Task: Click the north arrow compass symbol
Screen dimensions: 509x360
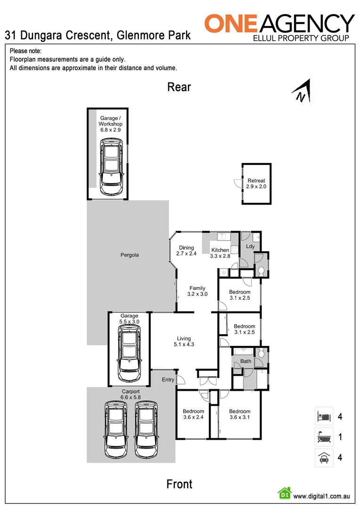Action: tap(301, 91)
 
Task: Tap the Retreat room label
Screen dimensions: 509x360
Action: tap(256, 183)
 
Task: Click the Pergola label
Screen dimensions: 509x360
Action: tap(129, 255)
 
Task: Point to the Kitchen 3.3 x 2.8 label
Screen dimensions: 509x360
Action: tap(220, 253)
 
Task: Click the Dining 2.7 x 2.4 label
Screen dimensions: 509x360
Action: tap(187, 251)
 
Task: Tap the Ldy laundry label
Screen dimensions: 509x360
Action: tap(250, 246)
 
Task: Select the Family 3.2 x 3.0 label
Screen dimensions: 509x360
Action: tap(197, 291)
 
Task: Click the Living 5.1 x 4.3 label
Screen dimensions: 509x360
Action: tap(184, 341)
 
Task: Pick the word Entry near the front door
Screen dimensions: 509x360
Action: tap(168, 379)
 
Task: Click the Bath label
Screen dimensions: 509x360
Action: tap(245, 361)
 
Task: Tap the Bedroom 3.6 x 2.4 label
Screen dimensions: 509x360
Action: tap(193, 414)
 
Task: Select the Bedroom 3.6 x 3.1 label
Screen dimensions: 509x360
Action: tap(239, 414)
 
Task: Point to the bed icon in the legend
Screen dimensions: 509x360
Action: tap(324, 417)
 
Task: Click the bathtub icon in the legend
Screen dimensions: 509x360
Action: tap(324, 437)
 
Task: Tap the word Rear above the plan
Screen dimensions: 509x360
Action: tap(179, 87)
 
